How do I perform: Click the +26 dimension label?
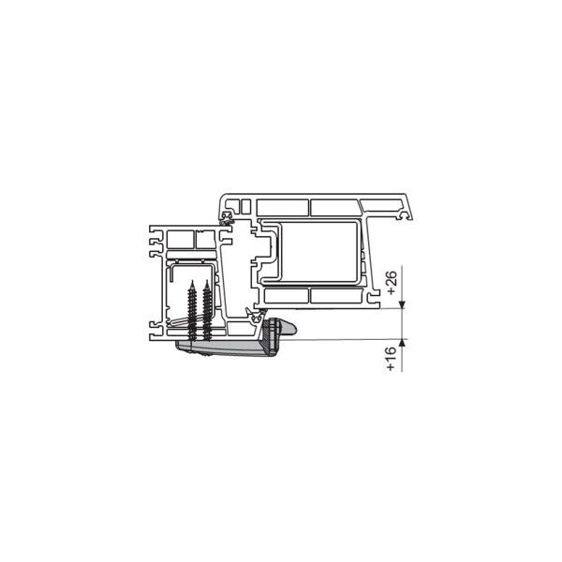pos(392,283)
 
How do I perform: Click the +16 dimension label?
pos(391,359)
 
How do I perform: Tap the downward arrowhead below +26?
pos(402,304)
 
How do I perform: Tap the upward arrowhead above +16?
pos(402,343)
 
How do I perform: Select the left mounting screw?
pos(192,311)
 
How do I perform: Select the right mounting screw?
pos(207,310)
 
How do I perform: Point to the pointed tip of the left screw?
pos(192,281)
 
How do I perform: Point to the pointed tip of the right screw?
pos(207,280)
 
